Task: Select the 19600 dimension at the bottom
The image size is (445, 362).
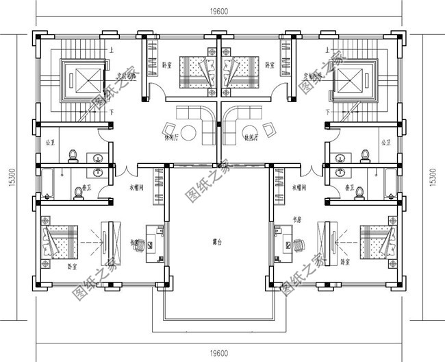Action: click(x=219, y=353)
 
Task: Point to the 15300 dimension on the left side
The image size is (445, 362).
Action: click(x=10, y=180)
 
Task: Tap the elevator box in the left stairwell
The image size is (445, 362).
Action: click(x=81, y=78)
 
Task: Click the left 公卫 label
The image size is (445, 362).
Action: click(x=49, y=143)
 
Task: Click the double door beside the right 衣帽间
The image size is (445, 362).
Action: click(x=316, y=170)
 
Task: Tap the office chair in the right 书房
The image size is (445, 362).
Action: click(x=301, y=241)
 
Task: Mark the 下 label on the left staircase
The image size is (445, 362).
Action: click(x=110, y=112)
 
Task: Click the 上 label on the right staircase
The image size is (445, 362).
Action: click(x=335, y=49)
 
